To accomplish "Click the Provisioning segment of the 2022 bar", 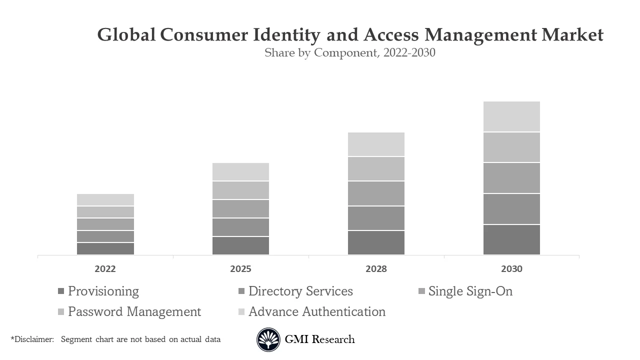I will (x=105, y=248).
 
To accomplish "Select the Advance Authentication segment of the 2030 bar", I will (x=511, y=116).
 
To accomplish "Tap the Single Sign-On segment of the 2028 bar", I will (x=376, y=193).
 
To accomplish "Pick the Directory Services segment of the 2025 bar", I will (x=240, y=227).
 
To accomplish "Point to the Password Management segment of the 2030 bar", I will (x=511, y=147).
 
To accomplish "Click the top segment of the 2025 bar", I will (x=240, y=171).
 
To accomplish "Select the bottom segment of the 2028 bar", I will (x=376, y=242).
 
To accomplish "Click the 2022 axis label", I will (x=105, y=269).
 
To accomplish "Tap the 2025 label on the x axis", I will (x=240, y=269).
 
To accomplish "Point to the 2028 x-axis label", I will (x=376, y=269).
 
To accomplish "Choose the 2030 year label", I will (x=511, y=269).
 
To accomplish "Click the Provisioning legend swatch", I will (x=61, y=291).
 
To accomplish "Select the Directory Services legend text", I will (x=300, y=291).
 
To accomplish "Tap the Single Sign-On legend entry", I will (x=470, y=291).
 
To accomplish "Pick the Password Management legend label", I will (x=134, y=311).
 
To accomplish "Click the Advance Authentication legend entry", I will (x=317, y=311).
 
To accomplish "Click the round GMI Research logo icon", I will (x=268, y=340).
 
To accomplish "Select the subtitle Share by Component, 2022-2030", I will (x=350, y=52).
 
